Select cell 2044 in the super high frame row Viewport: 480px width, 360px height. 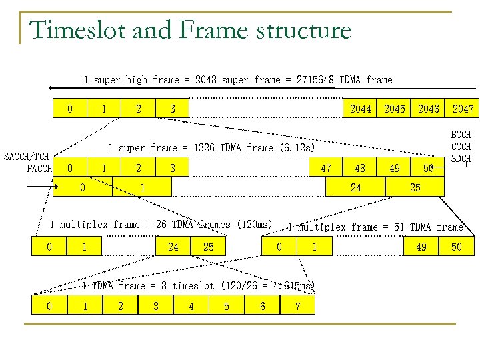(360, 109)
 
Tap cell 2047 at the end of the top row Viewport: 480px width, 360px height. (463, 109)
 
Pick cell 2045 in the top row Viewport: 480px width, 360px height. (394, 109)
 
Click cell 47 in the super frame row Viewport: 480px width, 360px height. (326, 169)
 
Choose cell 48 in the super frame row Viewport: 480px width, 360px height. (360, 169)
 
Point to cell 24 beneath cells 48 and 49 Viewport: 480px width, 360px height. (355, 187)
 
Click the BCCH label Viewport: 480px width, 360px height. (461, 135)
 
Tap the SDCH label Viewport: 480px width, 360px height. (461, 158)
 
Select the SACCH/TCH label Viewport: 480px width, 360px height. (27, 157)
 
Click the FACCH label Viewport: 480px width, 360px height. (39, 168)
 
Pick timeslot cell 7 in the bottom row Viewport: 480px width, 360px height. (297, 306)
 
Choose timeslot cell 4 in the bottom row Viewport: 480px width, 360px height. (191, 306)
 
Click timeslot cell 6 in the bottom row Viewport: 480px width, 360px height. (262, 306)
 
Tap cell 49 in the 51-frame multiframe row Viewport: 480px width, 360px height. (421, 247)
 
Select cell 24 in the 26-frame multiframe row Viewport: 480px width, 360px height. (173, 247)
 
